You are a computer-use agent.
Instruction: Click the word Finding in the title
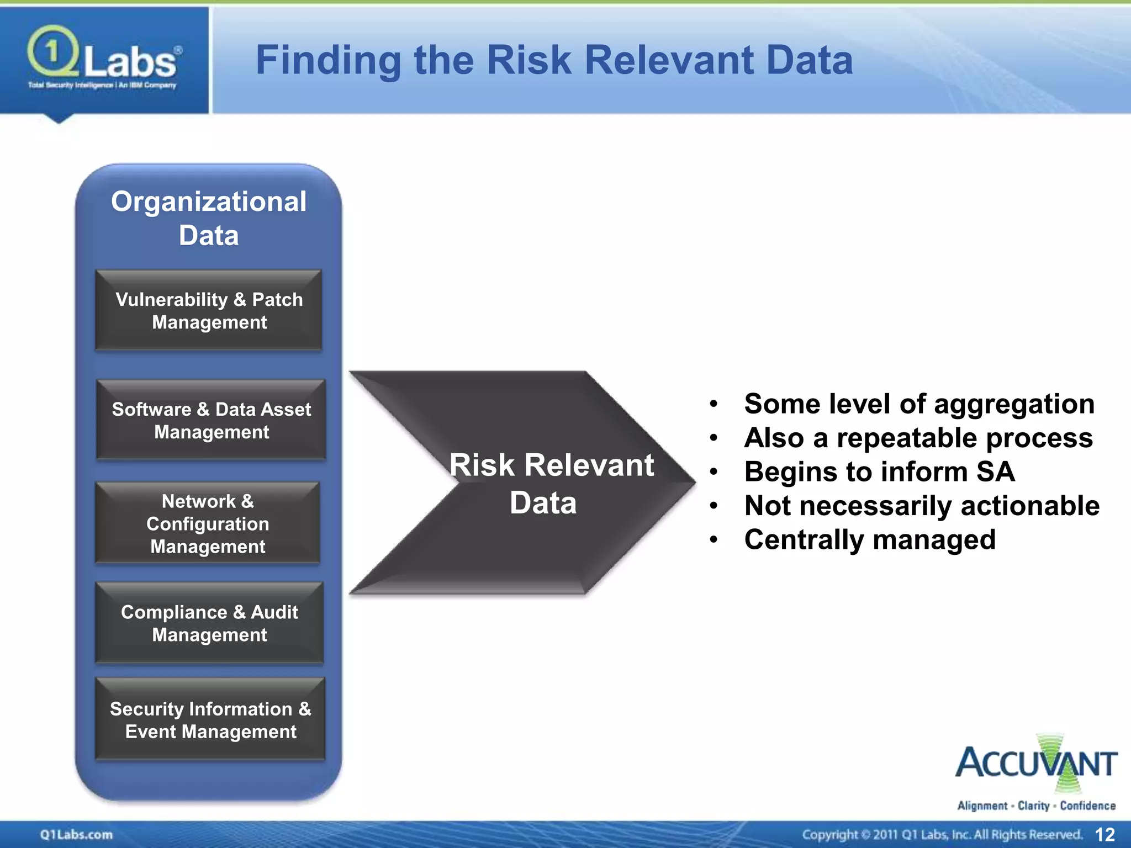[328, 60]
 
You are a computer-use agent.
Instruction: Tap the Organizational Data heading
[209, 218]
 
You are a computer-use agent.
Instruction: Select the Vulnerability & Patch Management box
[209, 310]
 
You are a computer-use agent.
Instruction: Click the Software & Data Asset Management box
[211, 420]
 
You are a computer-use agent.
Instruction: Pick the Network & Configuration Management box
[208, 523]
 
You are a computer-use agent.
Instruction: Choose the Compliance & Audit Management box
[209, 623]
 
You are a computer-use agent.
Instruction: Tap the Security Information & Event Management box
[210, 720]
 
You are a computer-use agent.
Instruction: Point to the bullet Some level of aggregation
[919, 404]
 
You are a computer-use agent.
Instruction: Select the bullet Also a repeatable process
[918, 438]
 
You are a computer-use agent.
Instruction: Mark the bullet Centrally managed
[870, 540]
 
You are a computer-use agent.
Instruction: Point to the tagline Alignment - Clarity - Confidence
[1036, 806]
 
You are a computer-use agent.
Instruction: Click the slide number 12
[1104, 835]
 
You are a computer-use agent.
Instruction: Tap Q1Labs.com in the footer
[76, 835]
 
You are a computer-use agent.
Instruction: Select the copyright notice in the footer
[942, 835]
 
